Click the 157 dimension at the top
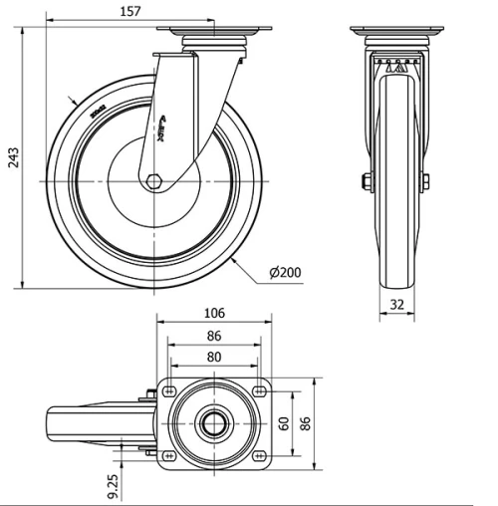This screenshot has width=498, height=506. click(129, 11)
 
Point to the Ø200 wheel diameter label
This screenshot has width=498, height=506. click(286, 272)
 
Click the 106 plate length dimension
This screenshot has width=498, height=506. click(214, 313)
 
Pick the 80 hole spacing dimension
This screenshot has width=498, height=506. click(214, 357)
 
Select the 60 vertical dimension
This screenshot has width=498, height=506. click(284, 423)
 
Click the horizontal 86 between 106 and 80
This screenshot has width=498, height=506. click(214, 336)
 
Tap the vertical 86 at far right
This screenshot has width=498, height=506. click(308, 423)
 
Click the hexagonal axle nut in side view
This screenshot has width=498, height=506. click(153, 181)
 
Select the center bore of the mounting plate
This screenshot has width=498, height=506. click(215, 423)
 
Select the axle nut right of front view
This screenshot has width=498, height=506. click(426, 181)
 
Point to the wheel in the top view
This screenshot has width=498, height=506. click(90, 423)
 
